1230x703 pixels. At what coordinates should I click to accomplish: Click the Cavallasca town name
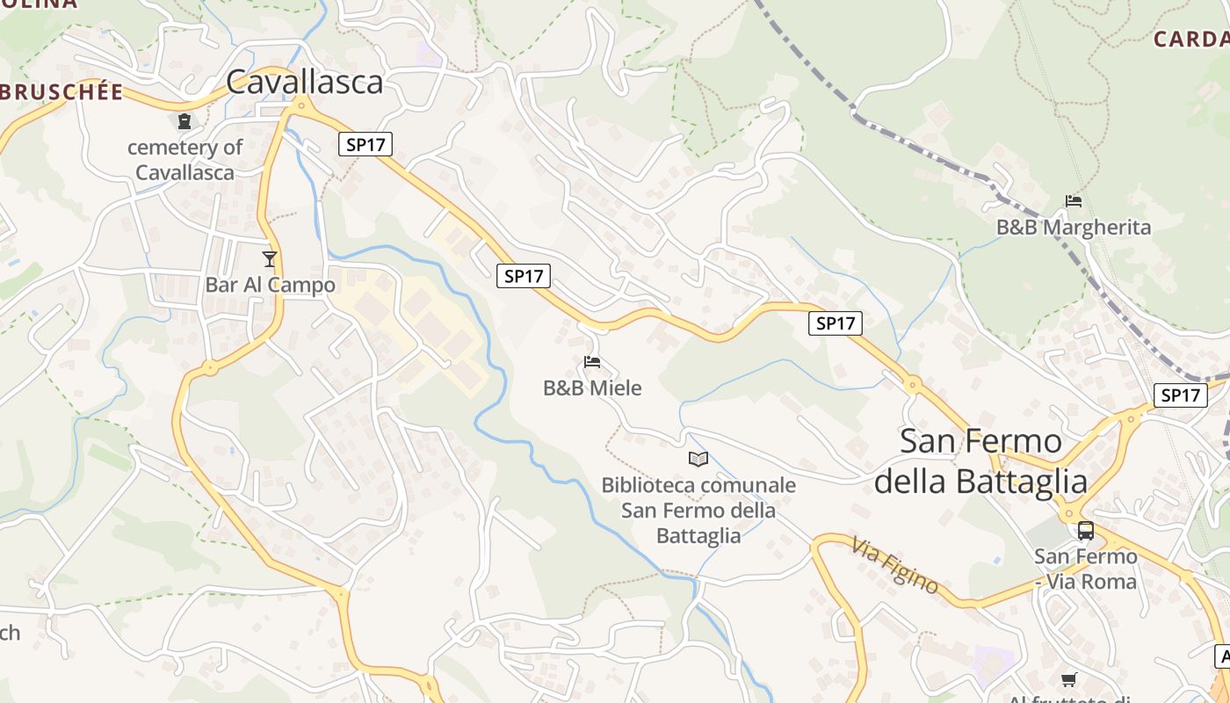point(305,82)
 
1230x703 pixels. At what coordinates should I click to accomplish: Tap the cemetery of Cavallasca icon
point(184,121)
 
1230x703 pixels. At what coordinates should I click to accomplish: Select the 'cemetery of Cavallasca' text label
point(184,159)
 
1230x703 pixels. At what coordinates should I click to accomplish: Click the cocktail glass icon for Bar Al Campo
point(270,259)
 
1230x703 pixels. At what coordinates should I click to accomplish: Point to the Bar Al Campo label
point(270,286)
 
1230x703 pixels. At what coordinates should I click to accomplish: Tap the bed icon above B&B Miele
point(592,361)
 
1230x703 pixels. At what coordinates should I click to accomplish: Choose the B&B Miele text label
point(592,388)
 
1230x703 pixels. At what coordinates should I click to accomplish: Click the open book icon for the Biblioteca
point(698,459)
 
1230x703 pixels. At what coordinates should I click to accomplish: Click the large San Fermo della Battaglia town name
point(980,461)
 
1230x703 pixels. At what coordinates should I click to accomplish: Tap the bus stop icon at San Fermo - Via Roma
point(1086,531)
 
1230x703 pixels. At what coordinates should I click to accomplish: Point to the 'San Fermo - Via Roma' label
point(1085,569)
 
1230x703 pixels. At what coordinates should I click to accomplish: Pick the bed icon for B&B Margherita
point(1073,201)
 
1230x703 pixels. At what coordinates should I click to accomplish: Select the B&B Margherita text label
point(1073,228)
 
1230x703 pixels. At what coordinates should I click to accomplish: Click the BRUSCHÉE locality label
point(61,92)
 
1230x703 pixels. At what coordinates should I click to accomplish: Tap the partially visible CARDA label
point(1191,39)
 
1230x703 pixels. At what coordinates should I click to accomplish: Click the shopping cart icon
point(1068,679)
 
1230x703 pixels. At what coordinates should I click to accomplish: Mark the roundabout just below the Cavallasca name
point(301,105)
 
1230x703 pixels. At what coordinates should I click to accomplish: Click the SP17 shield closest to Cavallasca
point(365,144)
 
